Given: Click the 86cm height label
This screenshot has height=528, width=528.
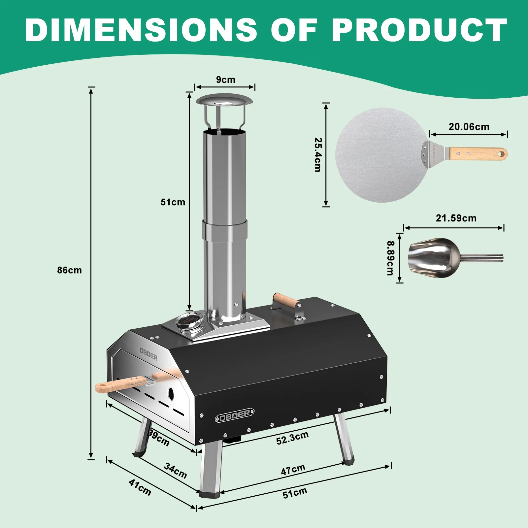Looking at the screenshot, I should [x=69, y=270].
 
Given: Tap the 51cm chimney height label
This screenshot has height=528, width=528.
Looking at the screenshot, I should [x=173, y=202].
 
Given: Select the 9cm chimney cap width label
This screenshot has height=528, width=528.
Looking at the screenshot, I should [x=225, y=80].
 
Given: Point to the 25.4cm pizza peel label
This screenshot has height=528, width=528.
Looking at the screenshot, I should [x=317, y=155].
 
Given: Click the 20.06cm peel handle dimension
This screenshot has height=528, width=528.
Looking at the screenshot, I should [x=469, y=127].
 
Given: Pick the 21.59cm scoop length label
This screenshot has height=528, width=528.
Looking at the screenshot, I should [x=456, y=218].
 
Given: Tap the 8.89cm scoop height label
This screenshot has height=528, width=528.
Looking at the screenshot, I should [x=390, y=258].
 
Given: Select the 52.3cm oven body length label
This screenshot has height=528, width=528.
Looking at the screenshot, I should [x=292, y=438].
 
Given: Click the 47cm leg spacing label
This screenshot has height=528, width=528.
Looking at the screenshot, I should [x=293, y=469].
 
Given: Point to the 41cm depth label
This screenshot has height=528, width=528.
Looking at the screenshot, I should [x=140, y=488].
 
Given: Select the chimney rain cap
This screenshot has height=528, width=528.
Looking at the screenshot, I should [x=224, y=100].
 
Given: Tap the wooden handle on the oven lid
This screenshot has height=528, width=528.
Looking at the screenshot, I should [x=286, y=300].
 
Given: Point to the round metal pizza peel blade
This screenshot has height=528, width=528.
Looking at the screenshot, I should [x=379, y=155].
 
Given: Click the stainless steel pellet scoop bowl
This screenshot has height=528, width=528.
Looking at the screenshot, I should [x=434, y=258].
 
